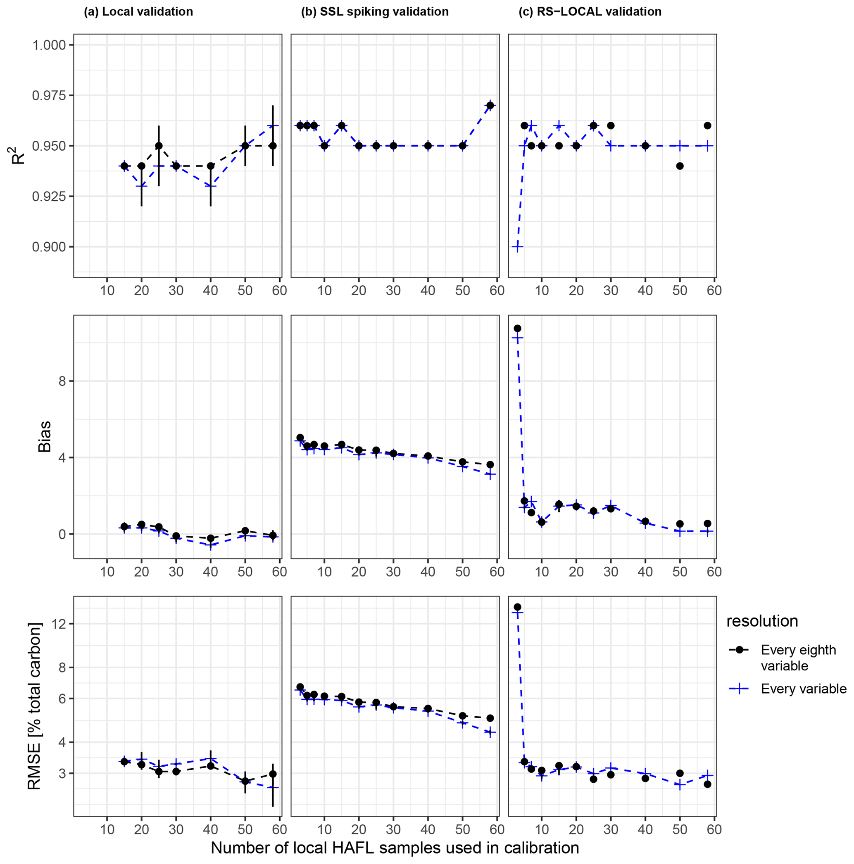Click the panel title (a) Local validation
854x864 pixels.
click(x=138, y=12)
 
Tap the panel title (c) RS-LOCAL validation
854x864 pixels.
click(x=590, y=12)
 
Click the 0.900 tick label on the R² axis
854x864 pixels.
click(x=49, y=247)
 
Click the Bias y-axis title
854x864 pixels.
click(x=44, y=436)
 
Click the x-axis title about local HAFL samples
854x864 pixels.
click(x=395, y=848)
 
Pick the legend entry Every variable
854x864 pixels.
click(x=804, y=689)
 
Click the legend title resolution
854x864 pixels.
click(x=762, y=621)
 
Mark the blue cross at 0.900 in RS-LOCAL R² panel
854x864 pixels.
click(x=517, y=247)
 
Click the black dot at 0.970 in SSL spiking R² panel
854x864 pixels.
click(x=490, y=106)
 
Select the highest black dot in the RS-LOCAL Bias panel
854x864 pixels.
click(x=517, y=328)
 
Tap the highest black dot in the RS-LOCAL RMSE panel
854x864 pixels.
click(x=517, y=607)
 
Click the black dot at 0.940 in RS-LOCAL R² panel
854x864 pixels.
click(x=680, y=166)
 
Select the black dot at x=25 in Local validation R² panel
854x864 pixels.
click(x=159, y=146)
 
